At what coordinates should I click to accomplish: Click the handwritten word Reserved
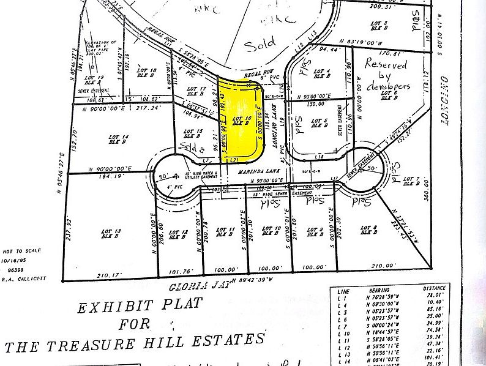coord(386,63)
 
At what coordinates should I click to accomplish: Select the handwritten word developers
coord(387,87)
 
